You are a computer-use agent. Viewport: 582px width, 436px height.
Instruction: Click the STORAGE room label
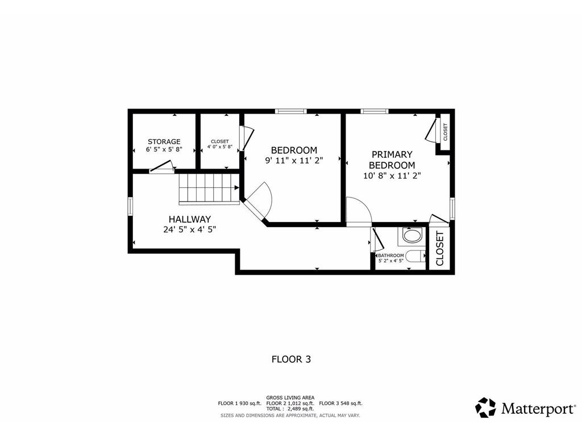pos(164,141)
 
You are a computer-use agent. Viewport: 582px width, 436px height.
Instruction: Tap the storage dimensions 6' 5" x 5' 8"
pos(164,149)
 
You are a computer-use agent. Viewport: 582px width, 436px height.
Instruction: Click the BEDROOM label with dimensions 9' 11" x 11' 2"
pos(293,150)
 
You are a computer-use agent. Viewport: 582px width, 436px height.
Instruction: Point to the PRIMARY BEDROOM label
pos(392,160)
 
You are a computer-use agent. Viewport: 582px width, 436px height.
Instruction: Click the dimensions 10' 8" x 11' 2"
pos(392,176)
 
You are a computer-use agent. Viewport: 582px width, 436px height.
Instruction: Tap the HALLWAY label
pos(189,219)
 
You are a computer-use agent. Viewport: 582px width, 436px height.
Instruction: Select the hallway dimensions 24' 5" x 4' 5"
pos(189,229)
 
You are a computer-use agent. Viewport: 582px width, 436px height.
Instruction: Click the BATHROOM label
pos(390,255)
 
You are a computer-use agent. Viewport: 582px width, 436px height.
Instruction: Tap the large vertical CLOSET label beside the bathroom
pos(440,249)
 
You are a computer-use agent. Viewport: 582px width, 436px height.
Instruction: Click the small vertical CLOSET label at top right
pos(445,132)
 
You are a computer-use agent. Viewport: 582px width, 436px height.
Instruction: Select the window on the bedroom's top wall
pos(290,111)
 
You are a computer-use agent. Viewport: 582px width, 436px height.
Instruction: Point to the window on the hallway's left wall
pos(130,206)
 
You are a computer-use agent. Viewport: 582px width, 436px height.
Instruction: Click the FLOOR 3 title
pos(290,359)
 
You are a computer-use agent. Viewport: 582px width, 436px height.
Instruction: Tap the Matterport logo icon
pos(485,408)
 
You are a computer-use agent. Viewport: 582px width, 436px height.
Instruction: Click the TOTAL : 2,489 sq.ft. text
pos(290,409)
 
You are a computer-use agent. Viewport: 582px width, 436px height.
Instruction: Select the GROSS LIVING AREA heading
pos(290,397)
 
